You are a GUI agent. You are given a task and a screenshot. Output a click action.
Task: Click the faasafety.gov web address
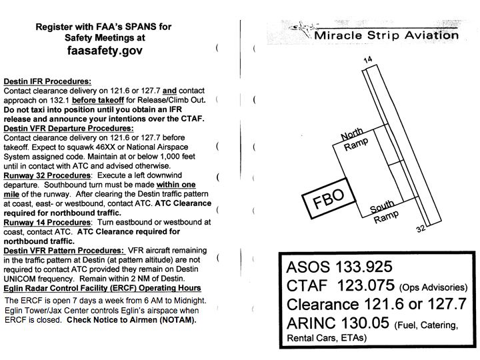(105, 50)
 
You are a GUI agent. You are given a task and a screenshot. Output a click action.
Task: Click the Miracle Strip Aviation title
(386, 35)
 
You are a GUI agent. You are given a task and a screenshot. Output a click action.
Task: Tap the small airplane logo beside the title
(303, 29)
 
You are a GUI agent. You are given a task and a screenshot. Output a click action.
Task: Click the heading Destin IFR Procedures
(47, 81)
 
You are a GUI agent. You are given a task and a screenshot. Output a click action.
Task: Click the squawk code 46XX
(121, 147)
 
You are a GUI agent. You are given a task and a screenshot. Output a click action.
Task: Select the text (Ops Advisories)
(433, 288)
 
